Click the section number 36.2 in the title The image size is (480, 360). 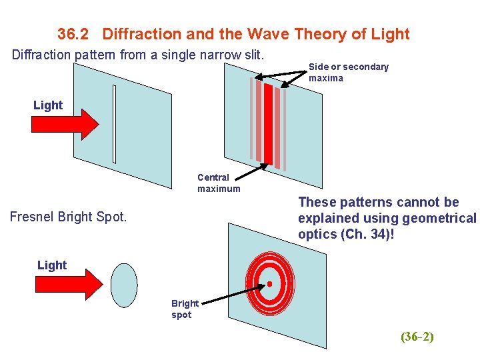77,34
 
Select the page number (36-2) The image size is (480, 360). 417,337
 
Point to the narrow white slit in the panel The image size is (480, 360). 115,124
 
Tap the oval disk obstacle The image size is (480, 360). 124,285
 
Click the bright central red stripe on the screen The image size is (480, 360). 269,125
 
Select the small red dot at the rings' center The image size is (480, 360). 270,284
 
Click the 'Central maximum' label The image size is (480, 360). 218,183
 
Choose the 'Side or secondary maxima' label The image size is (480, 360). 348,72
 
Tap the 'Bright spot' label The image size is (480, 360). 184,309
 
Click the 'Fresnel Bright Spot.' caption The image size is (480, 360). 68,217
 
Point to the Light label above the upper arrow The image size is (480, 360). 48,105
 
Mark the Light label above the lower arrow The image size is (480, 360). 52,265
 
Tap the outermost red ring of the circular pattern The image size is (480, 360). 249,284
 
